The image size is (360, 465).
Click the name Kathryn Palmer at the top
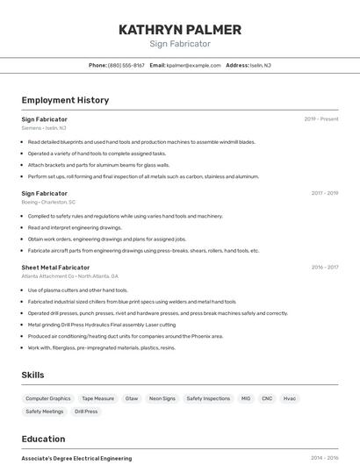click(x=180, y=29)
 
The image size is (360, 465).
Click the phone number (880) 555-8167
click(x=126, y=65)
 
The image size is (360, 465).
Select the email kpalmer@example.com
click(x=194, y=65)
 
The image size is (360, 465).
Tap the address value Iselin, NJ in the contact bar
click(x=261, y=65)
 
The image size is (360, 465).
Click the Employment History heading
click(x=65, y=100)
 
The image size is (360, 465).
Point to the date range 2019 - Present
click(x=321, y=118)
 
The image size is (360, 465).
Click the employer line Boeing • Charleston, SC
click(x=48, y=202)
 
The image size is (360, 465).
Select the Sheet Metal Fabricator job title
click(x=55, y=267)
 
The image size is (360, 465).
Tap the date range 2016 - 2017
click(x=324, y=267)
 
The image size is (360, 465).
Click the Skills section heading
click(x=32, y=375)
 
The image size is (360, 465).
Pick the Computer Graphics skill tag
click(x=48, y=398)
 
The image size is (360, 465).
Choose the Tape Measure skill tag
click(x=97, y=398)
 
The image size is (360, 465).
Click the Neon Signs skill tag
click(x=162, y=398)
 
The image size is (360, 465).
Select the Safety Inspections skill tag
click(x=208, y=398)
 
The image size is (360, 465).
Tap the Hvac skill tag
click(x=289, y=398)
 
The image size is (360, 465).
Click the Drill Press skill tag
click(x=86, y=411)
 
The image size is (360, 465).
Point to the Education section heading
click(x=43, y=439)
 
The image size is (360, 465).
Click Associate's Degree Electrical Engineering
click(x=76, y=458)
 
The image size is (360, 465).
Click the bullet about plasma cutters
click(x=77, y=290)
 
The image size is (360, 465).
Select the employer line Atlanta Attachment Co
click(x=69, y=275)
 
